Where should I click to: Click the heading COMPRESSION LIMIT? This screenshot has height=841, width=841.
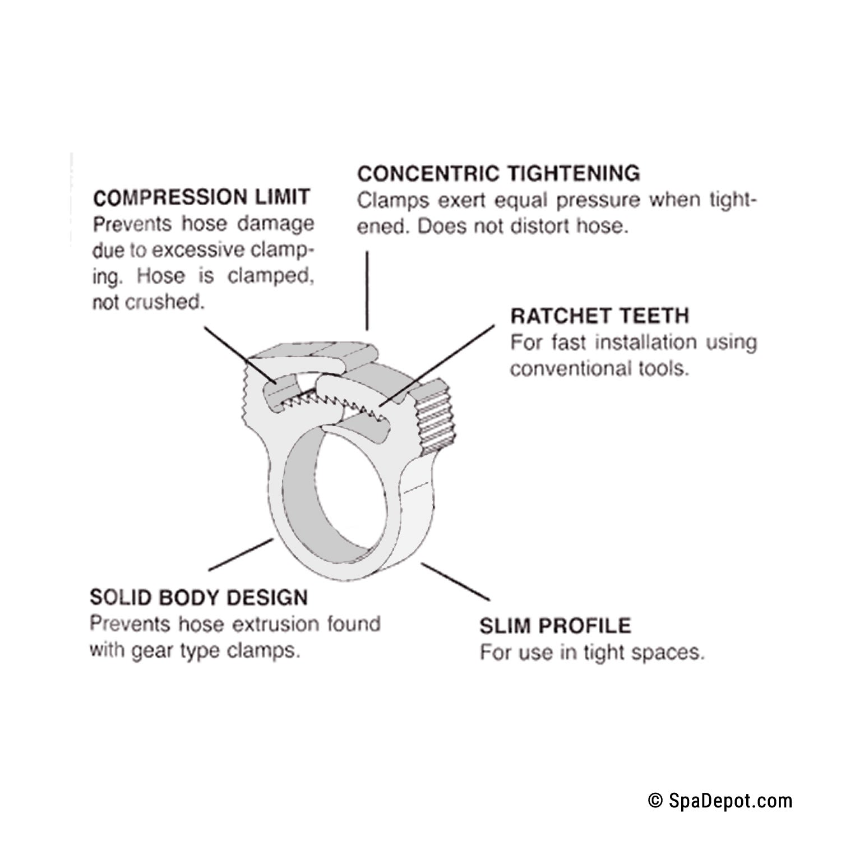tap(201, 197)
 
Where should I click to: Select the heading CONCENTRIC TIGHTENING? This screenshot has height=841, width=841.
tap(498, 173)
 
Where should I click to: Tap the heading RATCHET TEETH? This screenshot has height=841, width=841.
tap(599, 316)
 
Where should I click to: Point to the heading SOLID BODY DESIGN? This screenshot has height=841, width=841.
tap(198, 598)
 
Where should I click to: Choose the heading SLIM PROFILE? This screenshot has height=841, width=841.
tap(555, 626)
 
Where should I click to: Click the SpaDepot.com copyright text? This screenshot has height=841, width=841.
tap(720, 800)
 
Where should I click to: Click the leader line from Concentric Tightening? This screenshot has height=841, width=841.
tap(367, 290)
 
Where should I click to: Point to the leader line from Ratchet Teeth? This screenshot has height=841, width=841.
tap(437, 364)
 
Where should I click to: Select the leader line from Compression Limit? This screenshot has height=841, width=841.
tap(235, 353)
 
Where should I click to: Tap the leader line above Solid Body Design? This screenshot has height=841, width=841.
tap(241, 555)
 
